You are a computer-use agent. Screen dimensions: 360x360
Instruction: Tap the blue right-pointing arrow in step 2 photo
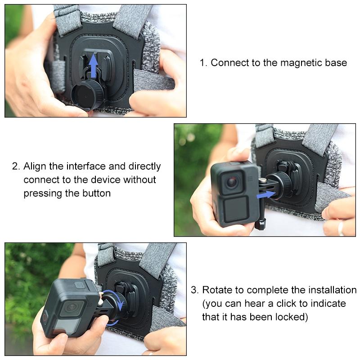click(266, 194)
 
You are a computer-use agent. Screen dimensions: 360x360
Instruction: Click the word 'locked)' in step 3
click(292, 317)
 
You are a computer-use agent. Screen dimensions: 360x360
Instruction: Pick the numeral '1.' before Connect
click(203, 63)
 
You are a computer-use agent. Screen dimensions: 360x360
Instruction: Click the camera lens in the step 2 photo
click(231, 182)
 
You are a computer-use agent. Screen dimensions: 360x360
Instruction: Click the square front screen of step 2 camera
click(234, 210)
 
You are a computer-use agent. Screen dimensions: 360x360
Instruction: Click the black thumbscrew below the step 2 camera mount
click(260, 224)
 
